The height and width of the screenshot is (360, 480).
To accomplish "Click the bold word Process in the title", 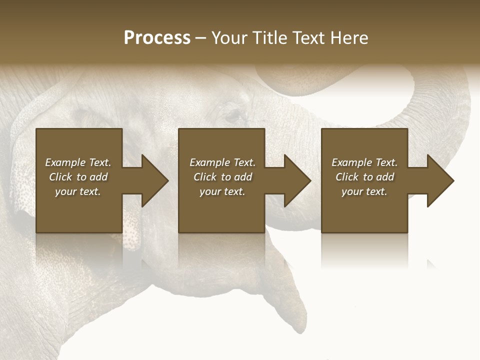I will (x=157, y=38).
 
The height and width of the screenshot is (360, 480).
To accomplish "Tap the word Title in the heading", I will (x=269, y=38).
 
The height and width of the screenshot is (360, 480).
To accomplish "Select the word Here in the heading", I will (x=349, y=38).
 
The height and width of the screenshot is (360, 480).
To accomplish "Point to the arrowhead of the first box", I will (x=153, y=180).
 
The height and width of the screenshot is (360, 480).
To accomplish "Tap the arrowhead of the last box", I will (x=439, y=180).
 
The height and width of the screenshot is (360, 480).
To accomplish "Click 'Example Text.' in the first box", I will (x=78, y=162).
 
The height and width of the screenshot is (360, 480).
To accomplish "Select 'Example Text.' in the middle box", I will (x=222, y=162).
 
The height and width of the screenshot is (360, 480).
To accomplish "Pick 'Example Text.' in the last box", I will (x=364, y=162).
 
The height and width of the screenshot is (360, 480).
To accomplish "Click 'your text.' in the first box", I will (x=78, y=191).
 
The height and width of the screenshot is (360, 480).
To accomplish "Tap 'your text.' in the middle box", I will (x=222, y=191).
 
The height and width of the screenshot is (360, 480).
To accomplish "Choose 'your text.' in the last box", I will (x=364, y=191).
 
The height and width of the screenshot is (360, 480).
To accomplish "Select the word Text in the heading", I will (x=308, y=38).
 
